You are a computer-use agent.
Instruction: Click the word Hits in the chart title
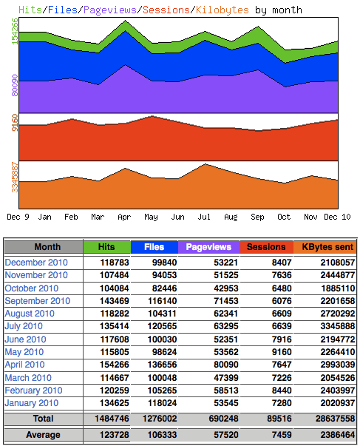(30, 10)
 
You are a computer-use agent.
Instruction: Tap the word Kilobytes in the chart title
(223, 10)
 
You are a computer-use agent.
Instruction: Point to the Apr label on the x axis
(124, 217)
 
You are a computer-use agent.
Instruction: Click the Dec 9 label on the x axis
(18, 217)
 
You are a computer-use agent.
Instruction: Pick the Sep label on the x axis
(257, 217)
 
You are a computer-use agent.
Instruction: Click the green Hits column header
(106, 247)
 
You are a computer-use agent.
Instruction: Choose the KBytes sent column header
(325, 247)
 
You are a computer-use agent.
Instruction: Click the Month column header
(47, 247)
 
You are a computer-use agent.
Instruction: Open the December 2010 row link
(36, 263)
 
